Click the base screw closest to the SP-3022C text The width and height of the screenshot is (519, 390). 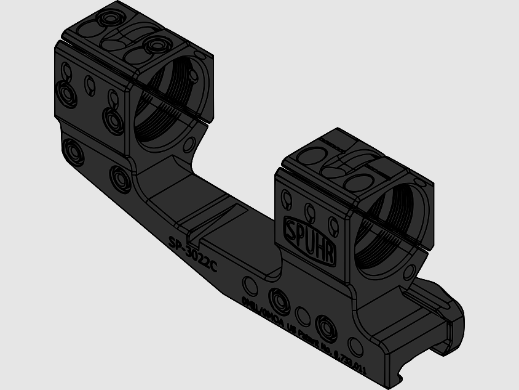coord(119,178)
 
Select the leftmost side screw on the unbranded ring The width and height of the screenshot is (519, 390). coord(66,93)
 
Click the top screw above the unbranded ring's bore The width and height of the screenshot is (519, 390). coord(156,46)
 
